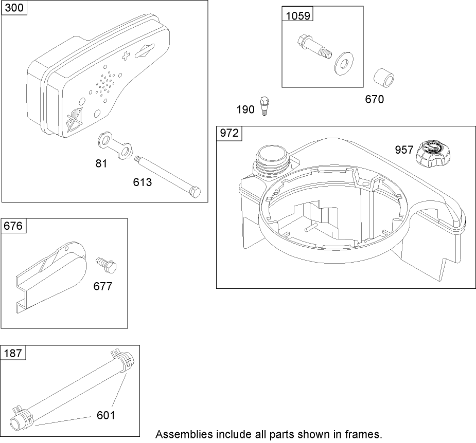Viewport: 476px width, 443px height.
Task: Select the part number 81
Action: click(101, 164)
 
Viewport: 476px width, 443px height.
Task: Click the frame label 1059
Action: click(297, 15)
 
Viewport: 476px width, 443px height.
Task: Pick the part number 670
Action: click(374, 99)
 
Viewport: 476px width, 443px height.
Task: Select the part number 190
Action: click(245, 109)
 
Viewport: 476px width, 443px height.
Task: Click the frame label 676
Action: click(14, 226)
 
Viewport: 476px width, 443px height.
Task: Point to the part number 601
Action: click(107, 415)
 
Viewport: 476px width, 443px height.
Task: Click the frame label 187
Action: click(13, 353)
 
